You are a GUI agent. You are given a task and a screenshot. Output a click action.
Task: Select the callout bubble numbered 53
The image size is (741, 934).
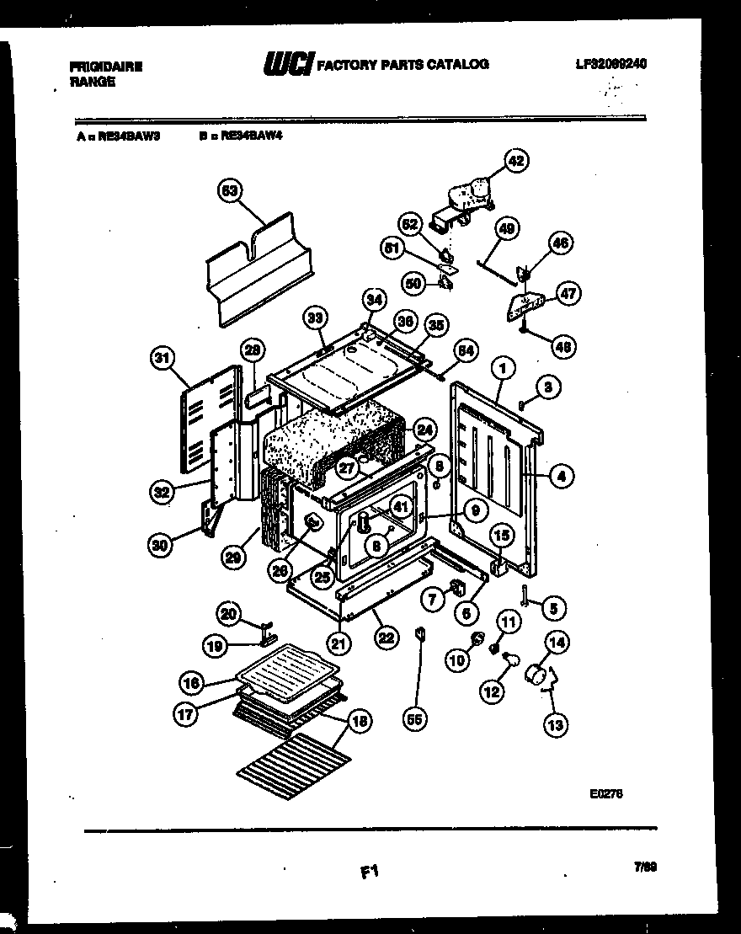228,191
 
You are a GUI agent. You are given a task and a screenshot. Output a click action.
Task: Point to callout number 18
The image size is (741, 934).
360,721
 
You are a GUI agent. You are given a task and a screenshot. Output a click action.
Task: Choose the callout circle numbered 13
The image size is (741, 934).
555,723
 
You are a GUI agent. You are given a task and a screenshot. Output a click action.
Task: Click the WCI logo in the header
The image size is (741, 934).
288,64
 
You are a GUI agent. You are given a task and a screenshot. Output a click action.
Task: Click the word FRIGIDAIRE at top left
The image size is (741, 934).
105,67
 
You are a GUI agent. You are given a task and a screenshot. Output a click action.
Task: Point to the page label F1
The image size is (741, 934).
368,875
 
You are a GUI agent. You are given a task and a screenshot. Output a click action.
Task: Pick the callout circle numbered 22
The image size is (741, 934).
386,638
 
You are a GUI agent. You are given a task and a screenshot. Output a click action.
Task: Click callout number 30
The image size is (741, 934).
161,545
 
